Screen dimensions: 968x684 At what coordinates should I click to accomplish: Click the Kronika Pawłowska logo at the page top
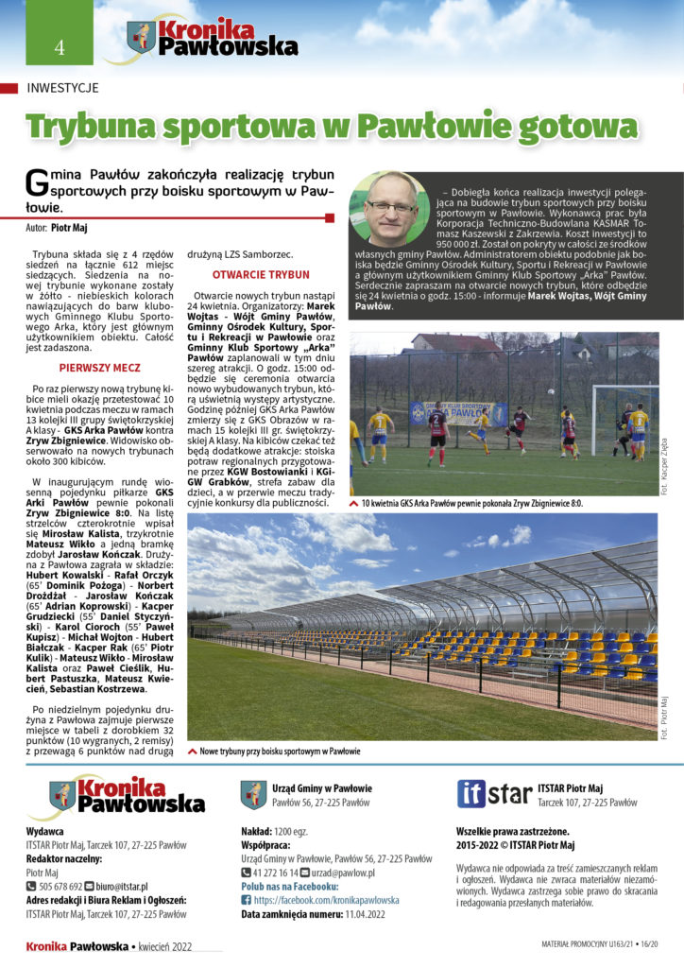200,39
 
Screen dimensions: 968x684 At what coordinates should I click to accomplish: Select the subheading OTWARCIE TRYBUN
248,274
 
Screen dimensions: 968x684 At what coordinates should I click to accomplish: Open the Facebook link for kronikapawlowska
326,900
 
